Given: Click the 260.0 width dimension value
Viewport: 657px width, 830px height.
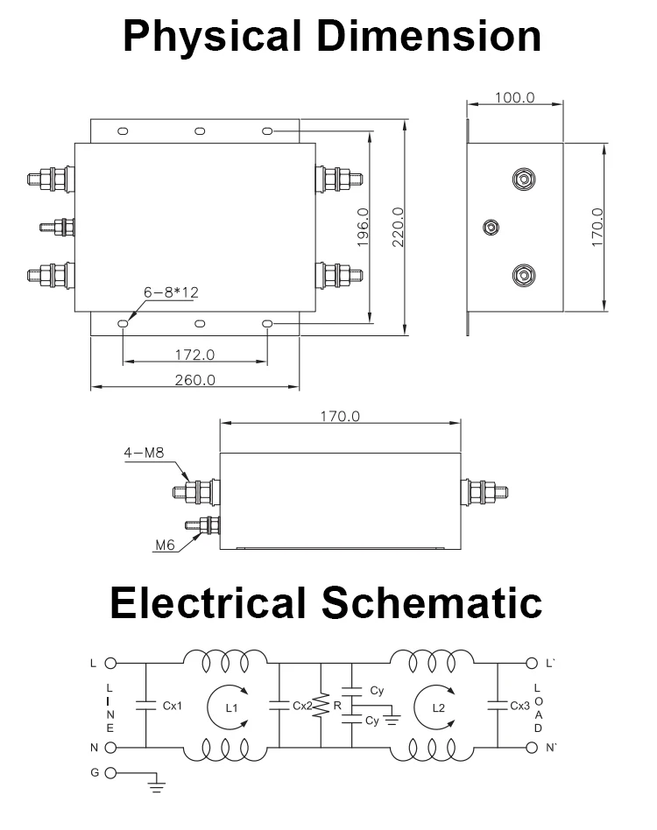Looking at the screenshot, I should pyautogui.click(x=194, y=380).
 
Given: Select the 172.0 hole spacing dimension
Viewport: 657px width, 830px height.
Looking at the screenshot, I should pyautogui.click(x=194, y=355).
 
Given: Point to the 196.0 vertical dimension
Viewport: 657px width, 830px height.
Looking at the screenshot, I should pyautogui.click(x=363, y=228).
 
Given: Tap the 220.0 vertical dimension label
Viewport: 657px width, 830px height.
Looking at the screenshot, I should pyautogui.click(x=397, y=228).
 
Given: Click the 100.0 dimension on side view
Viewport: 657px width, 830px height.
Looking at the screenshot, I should pyautogui.click(x=514, y=97).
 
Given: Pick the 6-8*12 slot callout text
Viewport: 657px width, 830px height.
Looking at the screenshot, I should pyautogui.click(x=172, y=292).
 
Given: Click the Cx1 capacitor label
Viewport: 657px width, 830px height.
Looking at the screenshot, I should pyautogui.click(x=172, y=706).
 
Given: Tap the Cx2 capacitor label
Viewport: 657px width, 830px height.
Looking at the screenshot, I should pyautogui.click(x=301, y=706).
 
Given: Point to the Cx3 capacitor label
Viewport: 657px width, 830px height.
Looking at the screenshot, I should pyautogui.click(x=519, y=706).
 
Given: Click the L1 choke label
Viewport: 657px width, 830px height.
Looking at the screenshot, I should pyautogui.click(x=231, y=707).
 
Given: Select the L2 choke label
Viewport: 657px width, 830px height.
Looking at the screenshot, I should pyautogui.click(x=438, y=707).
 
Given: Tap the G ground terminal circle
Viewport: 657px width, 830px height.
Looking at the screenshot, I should pyautogui.click(x=110, y=774).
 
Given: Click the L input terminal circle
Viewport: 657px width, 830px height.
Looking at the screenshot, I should pyautogui.click(x=110, y=664).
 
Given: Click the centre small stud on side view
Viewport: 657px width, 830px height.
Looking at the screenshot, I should pyautogui.click(x=491, y=228).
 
